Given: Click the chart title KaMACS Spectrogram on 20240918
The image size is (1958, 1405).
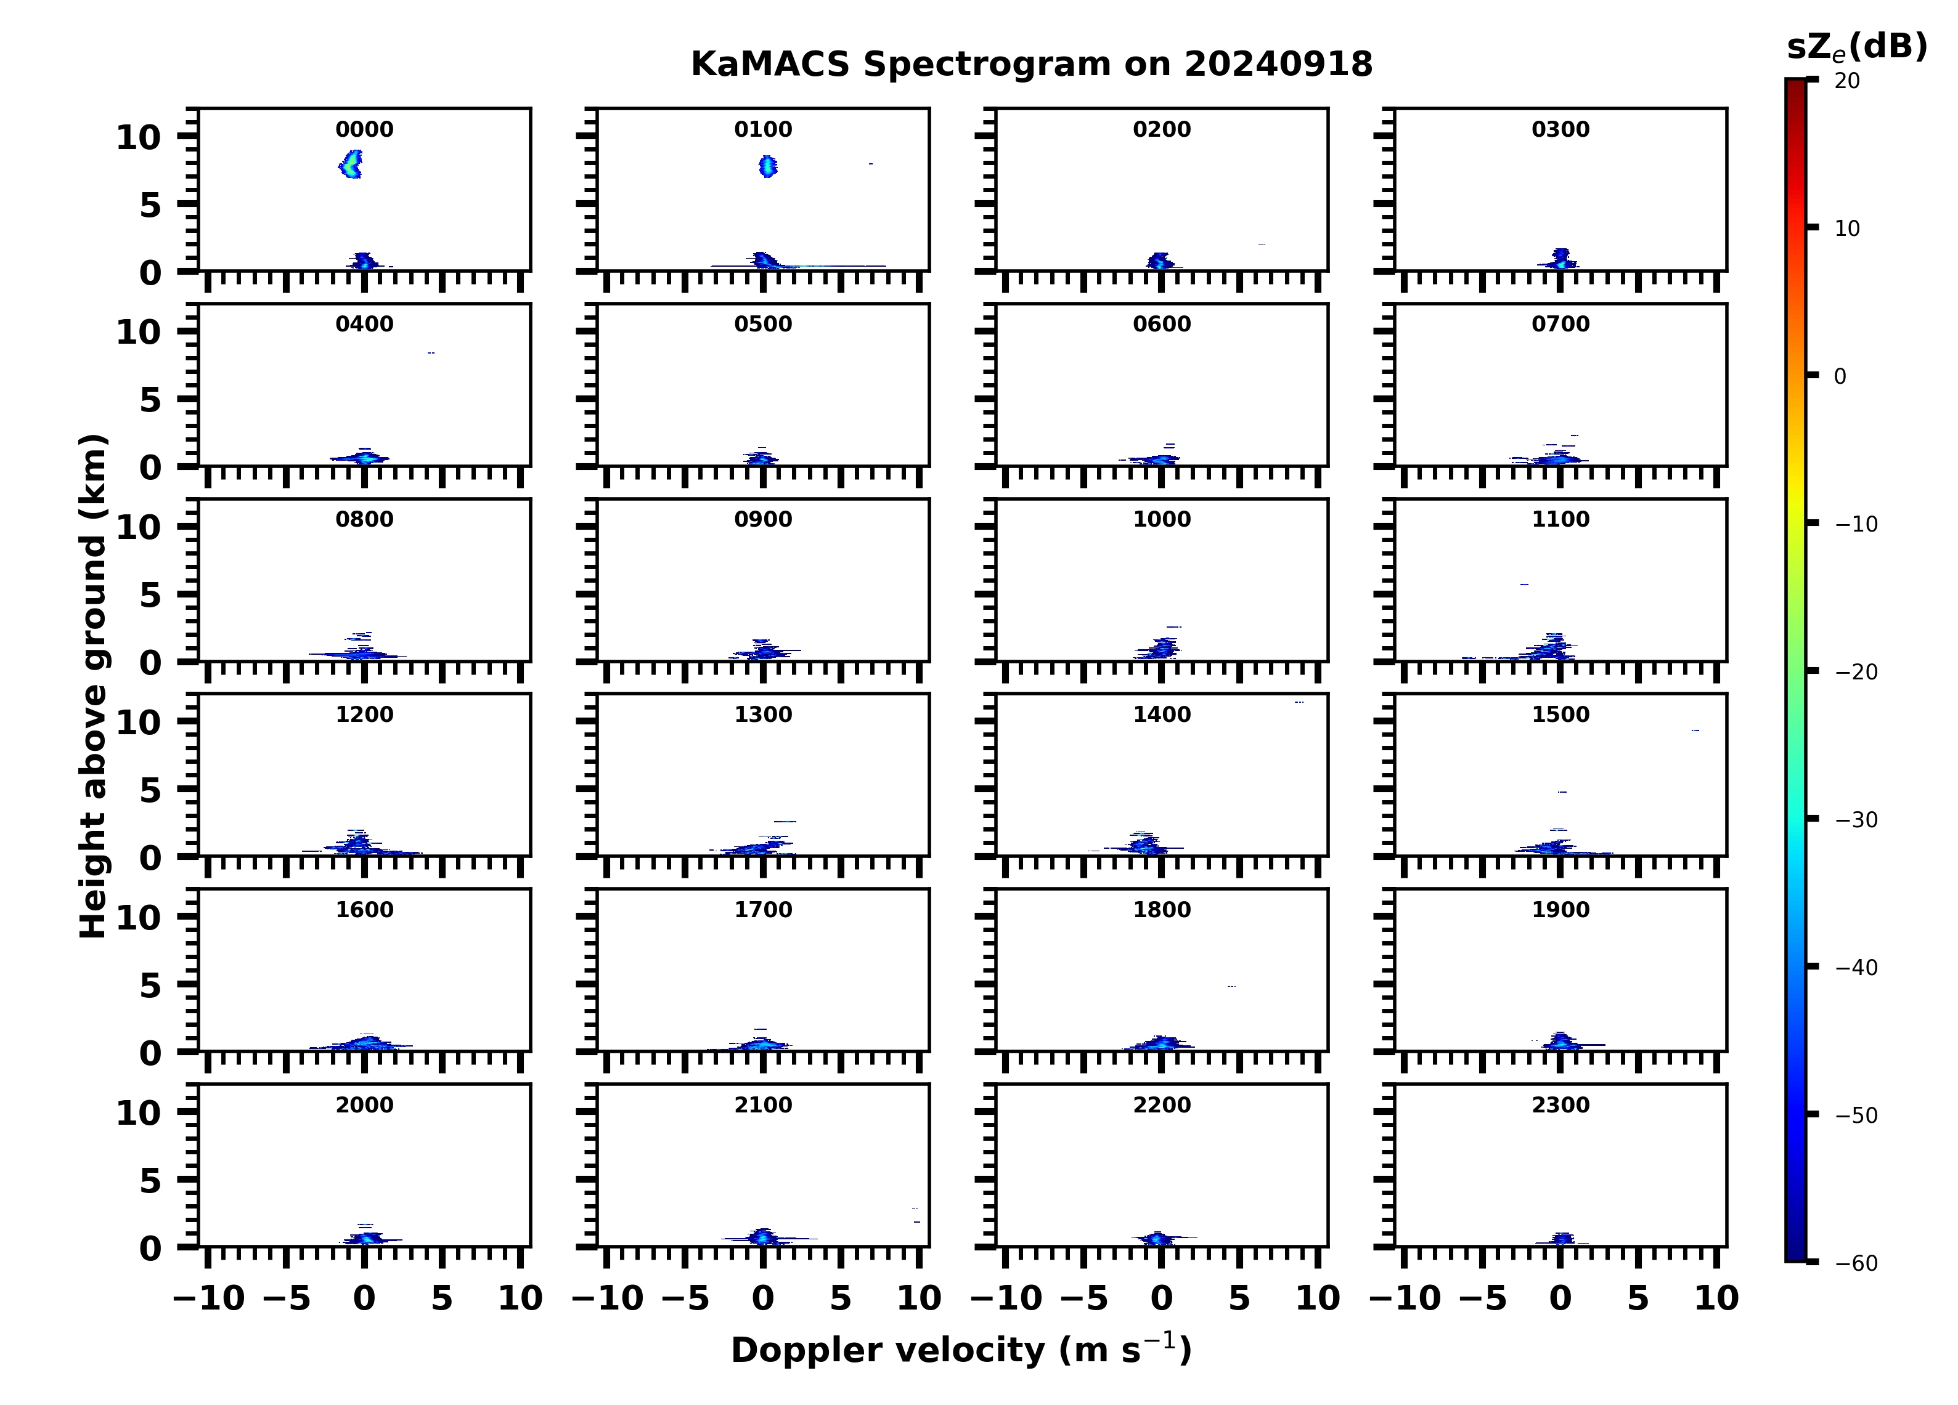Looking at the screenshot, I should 1031,65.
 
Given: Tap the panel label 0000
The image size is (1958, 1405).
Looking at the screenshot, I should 364,129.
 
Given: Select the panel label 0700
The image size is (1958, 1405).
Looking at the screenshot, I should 1560,325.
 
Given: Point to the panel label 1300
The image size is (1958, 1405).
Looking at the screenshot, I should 763,715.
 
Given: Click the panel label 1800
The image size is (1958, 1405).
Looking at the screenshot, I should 1161,910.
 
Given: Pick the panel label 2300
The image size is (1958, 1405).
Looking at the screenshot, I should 1560,1104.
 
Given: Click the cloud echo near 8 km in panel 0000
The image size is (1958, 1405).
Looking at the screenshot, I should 351,163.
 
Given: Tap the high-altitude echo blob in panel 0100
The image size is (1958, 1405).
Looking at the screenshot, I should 767,166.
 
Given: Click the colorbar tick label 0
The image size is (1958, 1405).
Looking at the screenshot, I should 1840,376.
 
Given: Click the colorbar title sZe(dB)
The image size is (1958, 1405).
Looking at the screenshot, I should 1856,47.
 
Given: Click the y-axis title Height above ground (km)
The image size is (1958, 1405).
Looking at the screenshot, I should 93,686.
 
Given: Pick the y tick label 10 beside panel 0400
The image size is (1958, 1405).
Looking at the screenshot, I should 138,331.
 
